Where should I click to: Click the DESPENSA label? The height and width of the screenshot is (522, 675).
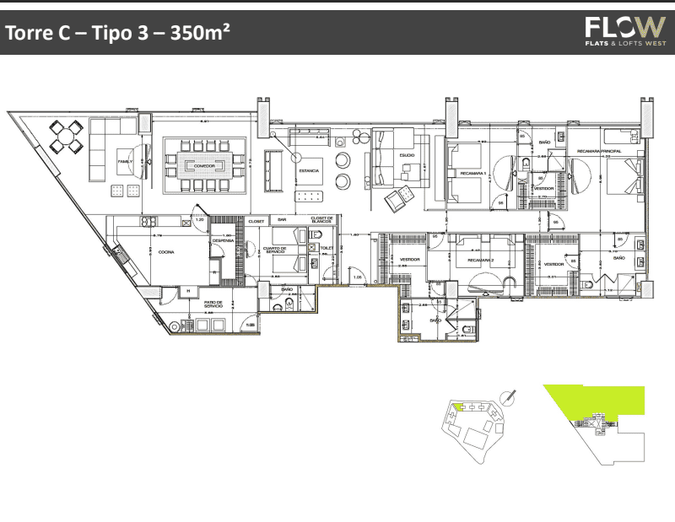[x=223, y=240]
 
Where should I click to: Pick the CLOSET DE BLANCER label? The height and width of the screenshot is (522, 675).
[x=323, y=221]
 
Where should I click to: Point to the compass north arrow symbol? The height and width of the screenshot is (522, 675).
[x=509, y=395]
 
